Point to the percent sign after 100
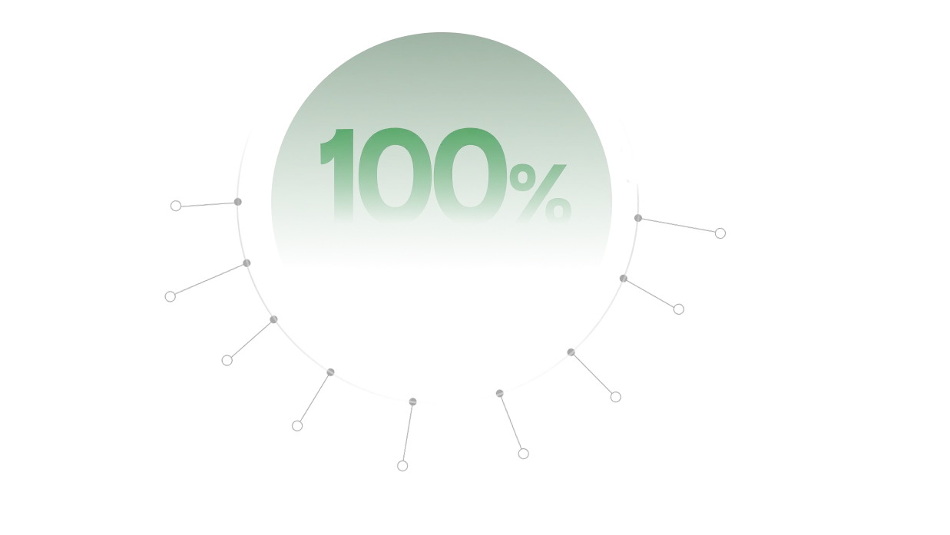tap(541, 193)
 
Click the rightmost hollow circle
tap(720, 233)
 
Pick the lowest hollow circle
tap(402, 466)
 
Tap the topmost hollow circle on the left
tap(176, 206)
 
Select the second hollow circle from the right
tap(679, 309)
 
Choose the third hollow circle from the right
tap(615, 397)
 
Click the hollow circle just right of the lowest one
tap(523, 454)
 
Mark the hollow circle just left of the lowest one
tap(297, 426)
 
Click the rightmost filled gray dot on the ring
tap(638, 218)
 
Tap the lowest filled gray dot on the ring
tap(412, 401)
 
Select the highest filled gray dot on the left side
tap(237, 202)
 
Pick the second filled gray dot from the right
tap(623, 279)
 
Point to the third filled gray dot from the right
tap(571, 352)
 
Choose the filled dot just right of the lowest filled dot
tap(500, 394)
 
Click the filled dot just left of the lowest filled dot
tap(330, 372)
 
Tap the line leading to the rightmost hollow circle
tap(679, 226)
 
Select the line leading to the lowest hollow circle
tap(408, 434)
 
